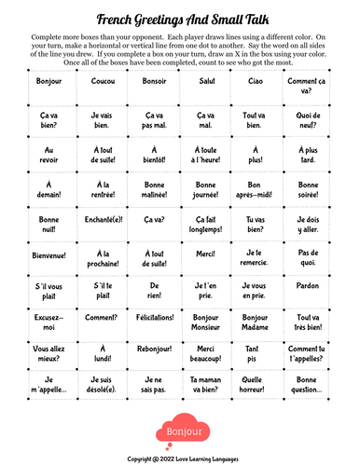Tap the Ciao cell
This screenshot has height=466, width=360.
click(253, 81)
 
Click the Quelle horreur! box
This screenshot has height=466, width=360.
click(253, 384)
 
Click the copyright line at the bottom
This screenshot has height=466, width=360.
click(180, 459)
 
